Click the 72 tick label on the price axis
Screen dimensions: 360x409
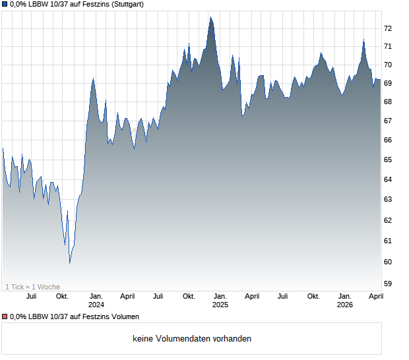pyautogui.click(x=388, y=28)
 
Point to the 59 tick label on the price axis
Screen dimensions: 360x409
pyautogui.click(x=388, y=284)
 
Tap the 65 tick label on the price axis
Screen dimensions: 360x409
pyautogui.click(x=388, y=160)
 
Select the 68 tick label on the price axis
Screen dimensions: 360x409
pyautogui.click(x=388, y=102)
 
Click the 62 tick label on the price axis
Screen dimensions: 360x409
pyautogui.click(x=388, y=220)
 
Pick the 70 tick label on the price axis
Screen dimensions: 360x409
pyautogui.click(x=388, y=65)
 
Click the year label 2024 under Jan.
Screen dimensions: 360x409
pyautogui.click(x=96, y=305)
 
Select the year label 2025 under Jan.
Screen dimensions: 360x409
pyautogui.click(x=220, y=305)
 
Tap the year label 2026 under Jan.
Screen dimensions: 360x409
pyautogui.click(x=345, y=305)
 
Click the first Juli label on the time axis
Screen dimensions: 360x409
pyautogui.click(x=31, y=297)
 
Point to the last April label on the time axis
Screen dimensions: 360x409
pyautogui.click(x=375, y=297)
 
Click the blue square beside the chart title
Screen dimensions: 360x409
pyautogui.click(x=5, y=4)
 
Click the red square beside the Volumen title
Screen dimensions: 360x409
pyautogui.click(x=5, y=317)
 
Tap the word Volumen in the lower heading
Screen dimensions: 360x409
pyautogui.click(x=124, y=317)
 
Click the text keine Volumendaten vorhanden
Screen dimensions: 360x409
pyautogui.click(x=192, y=339)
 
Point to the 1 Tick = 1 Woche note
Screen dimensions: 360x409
pyautogui.click(x=33, y=287)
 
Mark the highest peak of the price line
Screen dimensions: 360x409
pyautogui.click(x=210, y=18)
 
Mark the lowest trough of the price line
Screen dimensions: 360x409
pyautogui.click(x=69, y=262)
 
